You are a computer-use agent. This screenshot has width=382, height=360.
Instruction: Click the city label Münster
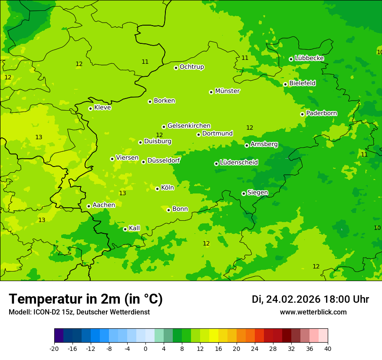coord(227,91)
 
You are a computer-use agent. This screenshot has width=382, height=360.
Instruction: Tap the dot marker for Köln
coord(157,189)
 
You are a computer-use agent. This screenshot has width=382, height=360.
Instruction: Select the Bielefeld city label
coord(303,83)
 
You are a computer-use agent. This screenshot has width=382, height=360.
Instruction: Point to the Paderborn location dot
coord(302,114)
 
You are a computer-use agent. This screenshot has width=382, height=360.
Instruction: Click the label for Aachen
coord(104,205)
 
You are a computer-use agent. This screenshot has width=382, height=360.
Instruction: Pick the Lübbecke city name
coord(309,58)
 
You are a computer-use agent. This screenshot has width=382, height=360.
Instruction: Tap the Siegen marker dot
coord(244,193)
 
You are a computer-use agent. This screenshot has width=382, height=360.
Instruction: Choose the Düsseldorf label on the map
coord(164,160)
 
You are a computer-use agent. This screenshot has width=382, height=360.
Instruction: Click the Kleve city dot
coord(90,108)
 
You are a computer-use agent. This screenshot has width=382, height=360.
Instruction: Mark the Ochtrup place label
coord(192,67)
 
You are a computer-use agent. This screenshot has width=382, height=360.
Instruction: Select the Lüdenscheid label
coord(239,163)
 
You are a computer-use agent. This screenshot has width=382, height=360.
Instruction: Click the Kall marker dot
coord(125,229)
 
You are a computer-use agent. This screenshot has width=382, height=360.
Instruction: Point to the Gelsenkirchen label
coord(189,126)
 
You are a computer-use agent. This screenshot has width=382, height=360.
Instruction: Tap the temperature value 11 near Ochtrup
coord(145,62)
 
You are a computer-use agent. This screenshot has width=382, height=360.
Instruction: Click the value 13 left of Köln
coord(122,193)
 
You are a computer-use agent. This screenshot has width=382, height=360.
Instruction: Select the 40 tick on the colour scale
coord(328,348)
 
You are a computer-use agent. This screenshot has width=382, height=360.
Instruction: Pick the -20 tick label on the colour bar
coord(54,348)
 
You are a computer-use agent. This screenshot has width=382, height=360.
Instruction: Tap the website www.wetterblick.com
coord(313,312)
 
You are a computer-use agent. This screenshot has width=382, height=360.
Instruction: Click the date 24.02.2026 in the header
coord(293,299)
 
